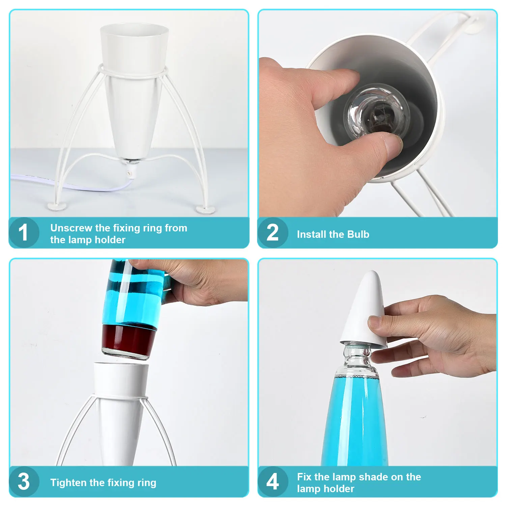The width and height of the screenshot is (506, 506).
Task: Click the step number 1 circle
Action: click(24, 233)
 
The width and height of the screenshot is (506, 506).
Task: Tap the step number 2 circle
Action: click(273, 233)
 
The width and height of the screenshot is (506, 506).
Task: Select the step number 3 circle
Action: click(24, 481)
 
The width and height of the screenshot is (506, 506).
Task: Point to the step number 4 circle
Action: click(273, 481)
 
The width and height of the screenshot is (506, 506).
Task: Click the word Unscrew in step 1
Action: click(71, 228)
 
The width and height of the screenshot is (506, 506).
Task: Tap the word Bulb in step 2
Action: click(358, 234)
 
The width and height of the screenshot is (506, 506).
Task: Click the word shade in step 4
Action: click(373, 477)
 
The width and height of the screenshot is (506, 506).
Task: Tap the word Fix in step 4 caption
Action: click(304, 477)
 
